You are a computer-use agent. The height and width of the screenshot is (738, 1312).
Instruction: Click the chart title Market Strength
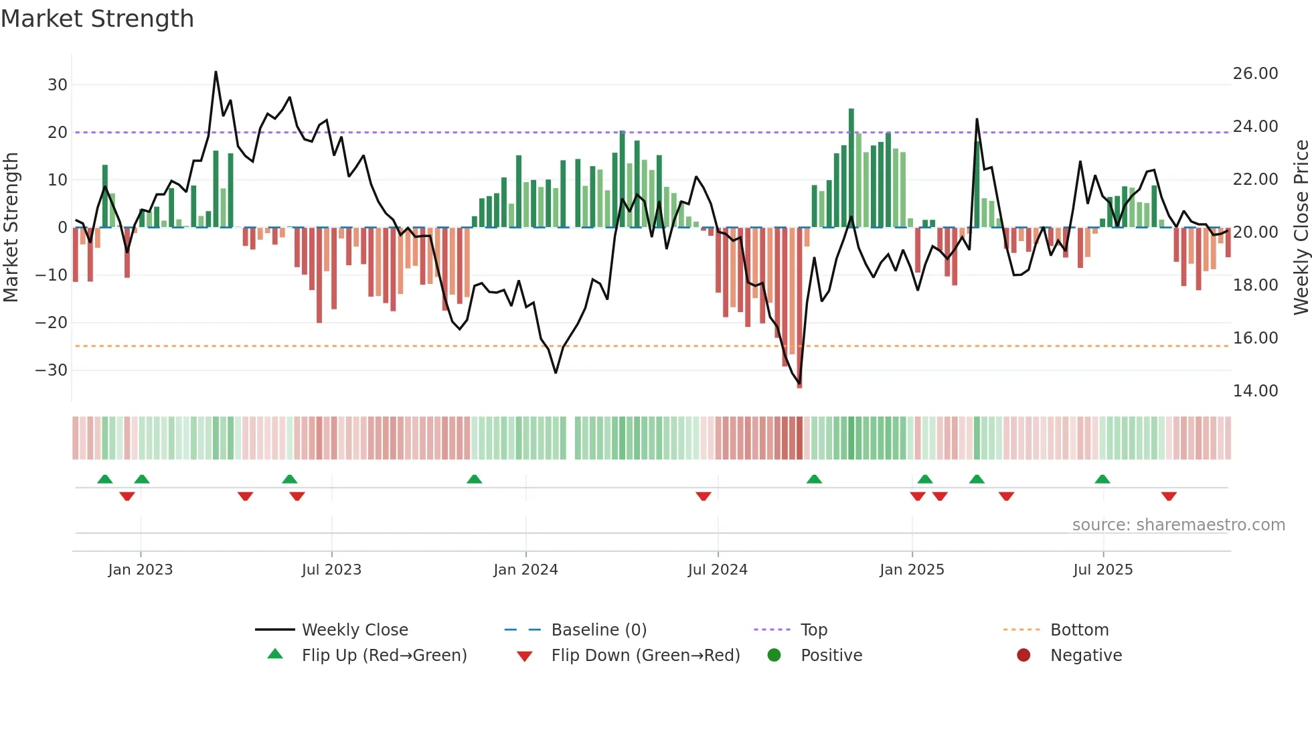coord(97,19)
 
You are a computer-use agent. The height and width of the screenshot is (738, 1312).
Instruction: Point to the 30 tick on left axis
coord(58,85)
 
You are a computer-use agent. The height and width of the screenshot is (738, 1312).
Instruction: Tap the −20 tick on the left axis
coord(52,323)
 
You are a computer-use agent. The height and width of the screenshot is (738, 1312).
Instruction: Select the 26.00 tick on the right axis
coord(1255,74)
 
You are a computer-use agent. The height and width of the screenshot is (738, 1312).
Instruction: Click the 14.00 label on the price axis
coord(1255,391)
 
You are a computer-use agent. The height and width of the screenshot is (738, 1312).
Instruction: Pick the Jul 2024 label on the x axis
coord(718,570)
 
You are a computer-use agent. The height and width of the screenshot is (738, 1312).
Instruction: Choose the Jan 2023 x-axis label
coord(141,570)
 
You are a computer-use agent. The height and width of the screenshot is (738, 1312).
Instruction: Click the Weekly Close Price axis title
coord(1301,228)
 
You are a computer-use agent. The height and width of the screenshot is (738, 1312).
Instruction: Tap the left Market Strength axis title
coord(11,228)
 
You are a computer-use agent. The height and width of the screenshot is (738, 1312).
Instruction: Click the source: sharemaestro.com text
coord(1178,525)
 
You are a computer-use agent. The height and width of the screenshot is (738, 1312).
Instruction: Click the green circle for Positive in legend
coord(774,656)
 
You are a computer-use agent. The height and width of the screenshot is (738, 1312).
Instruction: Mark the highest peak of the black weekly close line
coord(216,72)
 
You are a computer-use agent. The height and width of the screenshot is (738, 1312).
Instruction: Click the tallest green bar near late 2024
coord(851,167)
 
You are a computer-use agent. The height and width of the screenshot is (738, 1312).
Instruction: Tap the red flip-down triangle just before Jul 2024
coord(703,496)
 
